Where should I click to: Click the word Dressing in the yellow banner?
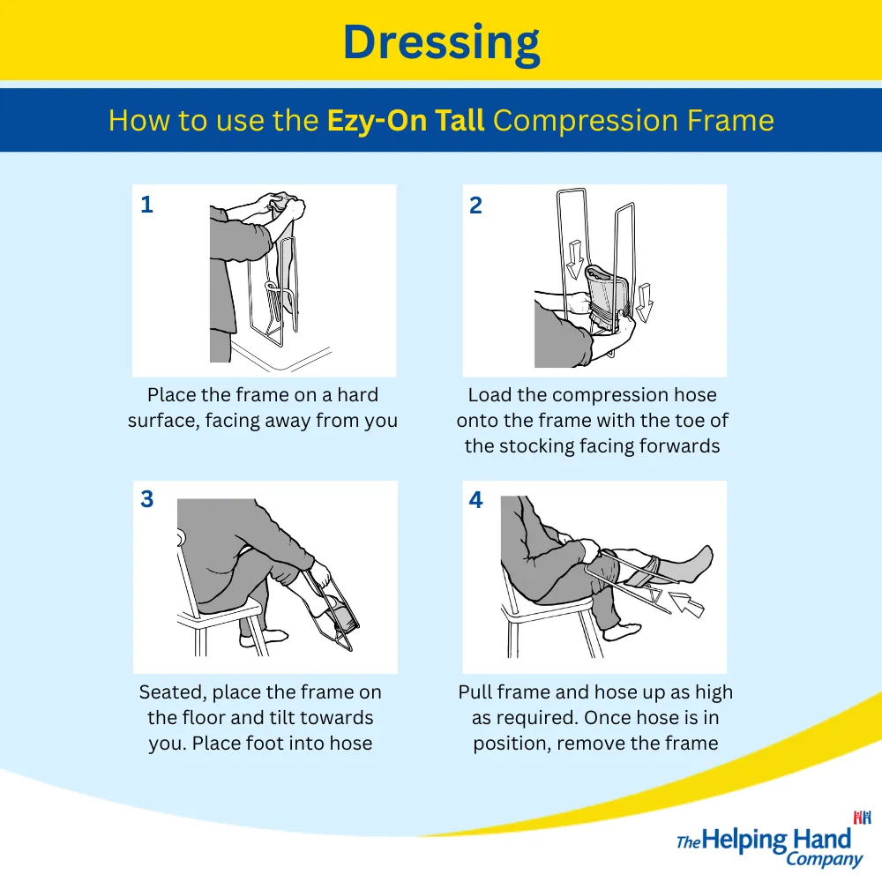pos(442,44)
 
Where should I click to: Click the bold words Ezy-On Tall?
pos(406,120)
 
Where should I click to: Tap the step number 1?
pos(146,205)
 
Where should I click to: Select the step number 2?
pos(476,206)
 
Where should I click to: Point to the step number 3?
pos(146,499)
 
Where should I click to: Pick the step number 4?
pos(476,499)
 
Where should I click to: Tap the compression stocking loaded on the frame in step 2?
pos(607,296)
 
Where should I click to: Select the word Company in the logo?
pos(824,859)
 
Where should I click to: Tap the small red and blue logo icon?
pos(862,818)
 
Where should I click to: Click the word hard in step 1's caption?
pos(358,395)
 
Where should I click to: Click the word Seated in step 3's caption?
pos(172,692)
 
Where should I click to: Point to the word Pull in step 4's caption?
pos(475,691)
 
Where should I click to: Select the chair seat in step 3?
pos(220,614)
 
